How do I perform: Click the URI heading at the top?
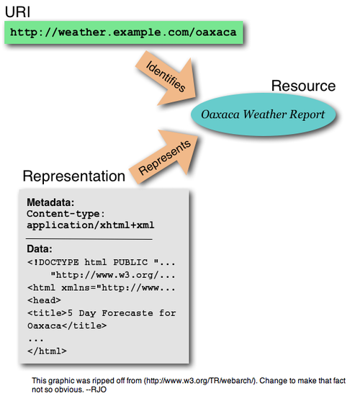pyautogui.click(x=17, y=12)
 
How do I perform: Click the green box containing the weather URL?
pyautogui.click(x=124, y=32)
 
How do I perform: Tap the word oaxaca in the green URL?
pyautogui.click(x=216, y=32)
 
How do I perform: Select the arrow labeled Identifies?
pyautogui.click(x=168, y=78)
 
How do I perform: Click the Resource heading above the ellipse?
pyautogui.click(x=303, y=86)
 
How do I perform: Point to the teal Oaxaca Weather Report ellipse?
pyautogui.click(x=264, y=114)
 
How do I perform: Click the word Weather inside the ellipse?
pyautogui.click(x=264, y=114)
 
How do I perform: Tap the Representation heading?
pyautogui.click(x=74, y=176)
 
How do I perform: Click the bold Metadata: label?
pyautogui.click(x=50, y=202)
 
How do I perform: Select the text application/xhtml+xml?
pyautogui.click(x=91, y=225)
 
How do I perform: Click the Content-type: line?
pyautogui.click(x=66, y=214)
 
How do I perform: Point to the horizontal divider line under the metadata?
pyautogui.click(x=89, y=239)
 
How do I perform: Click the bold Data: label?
pyautogui.click(x=40, y=249)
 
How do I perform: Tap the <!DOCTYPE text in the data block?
pyautogui.click(x=53, y=262)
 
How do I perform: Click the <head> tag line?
pyautogui.click(x=44, y=300)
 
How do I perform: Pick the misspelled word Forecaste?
pyautogui.click(x=127, y=313)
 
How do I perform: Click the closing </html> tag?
pyautogui.click(x=47, y=351)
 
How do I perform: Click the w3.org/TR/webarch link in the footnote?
pyautogui.click(x=199, y=381)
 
